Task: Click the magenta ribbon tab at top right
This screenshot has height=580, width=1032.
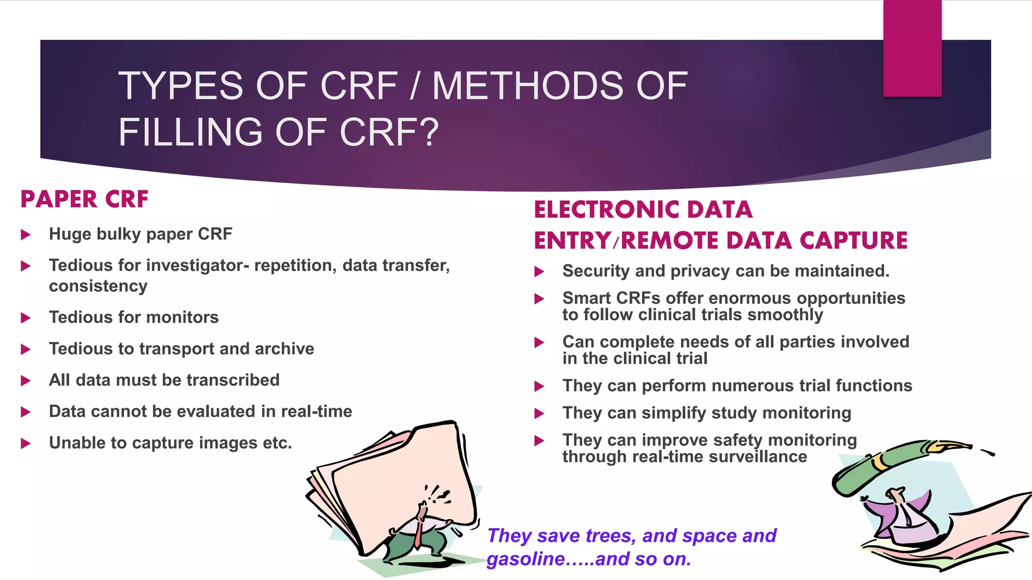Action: [912, 48]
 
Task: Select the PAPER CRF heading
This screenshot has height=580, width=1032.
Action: [85, 199]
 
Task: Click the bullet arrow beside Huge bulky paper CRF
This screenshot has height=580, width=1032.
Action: [26, 235]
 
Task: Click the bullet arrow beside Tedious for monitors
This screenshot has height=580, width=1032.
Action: [26, 318]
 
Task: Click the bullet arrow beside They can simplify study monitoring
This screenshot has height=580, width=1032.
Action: [539, 414]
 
